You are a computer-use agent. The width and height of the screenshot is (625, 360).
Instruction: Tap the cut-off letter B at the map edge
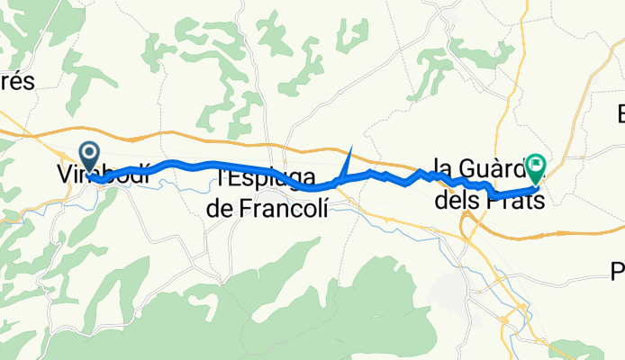tap(620, 114)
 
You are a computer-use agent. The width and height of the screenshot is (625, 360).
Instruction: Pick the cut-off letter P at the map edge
tap(619, 269)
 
